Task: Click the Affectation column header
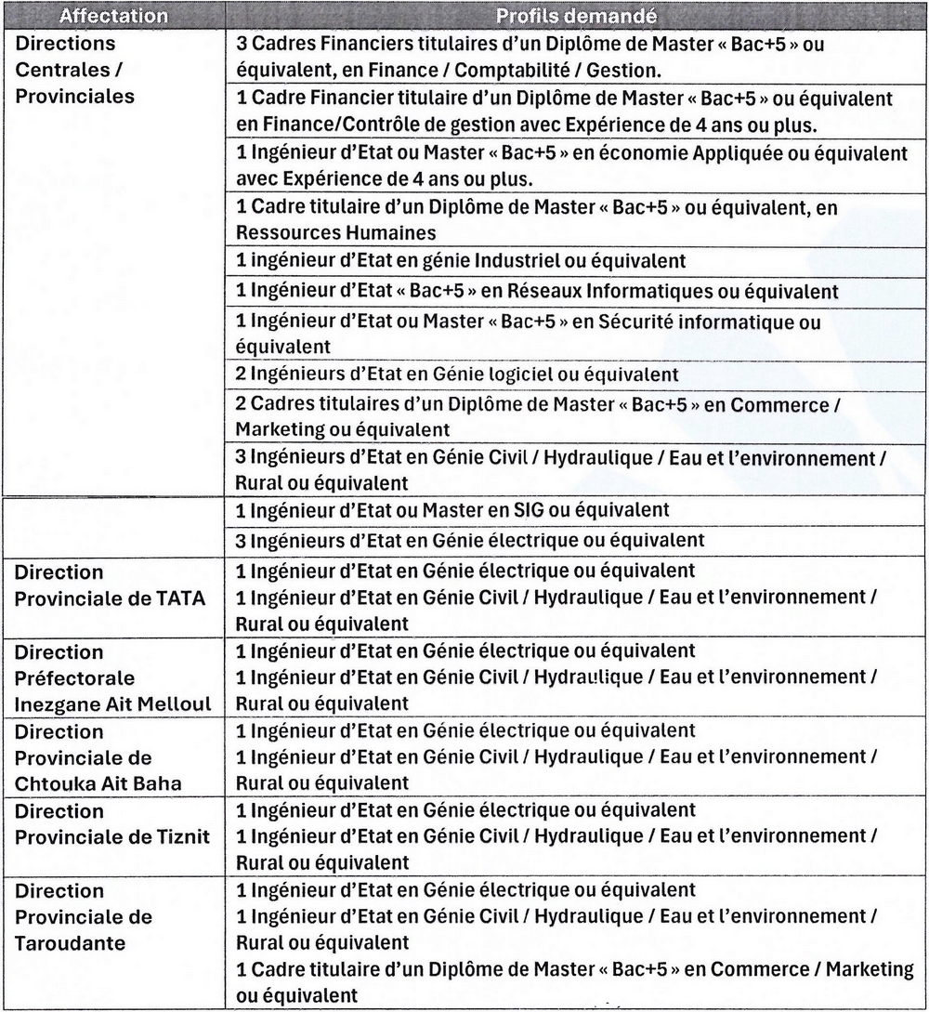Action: click(x=113, y=17)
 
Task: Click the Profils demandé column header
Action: click(x=576, y=17)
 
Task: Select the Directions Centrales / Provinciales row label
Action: click(x=74, y=70)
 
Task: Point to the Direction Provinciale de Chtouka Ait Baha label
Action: click(x=98, y=757)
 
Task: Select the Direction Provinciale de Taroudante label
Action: click(x=84, y=917)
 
